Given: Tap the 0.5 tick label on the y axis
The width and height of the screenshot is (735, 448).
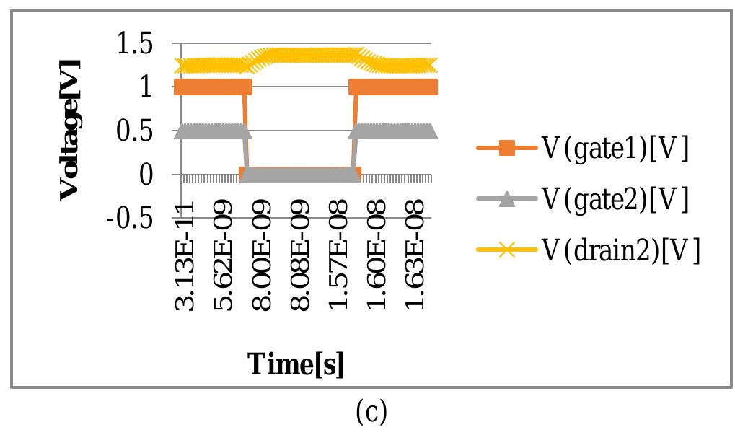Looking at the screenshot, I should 133,132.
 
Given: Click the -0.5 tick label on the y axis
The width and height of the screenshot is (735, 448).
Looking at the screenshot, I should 129,219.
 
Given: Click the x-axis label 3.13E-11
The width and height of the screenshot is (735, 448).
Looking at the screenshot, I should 186,258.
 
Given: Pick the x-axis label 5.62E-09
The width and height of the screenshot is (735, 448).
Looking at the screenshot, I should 224,258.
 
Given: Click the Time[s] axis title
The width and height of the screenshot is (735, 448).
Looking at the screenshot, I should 296,364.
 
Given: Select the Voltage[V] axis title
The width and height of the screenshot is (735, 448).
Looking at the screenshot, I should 69,130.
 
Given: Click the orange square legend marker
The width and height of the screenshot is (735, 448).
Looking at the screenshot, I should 507,149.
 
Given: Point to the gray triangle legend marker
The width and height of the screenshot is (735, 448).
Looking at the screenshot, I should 507,199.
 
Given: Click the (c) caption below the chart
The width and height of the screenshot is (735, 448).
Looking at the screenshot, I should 371,412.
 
